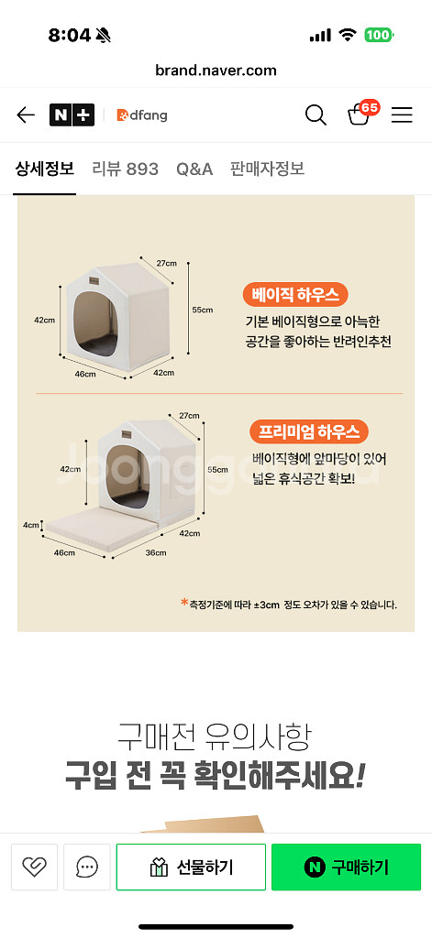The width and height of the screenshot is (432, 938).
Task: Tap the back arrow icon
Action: click(x=25, y=115)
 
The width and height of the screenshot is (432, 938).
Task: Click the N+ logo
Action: click(x=72, y=115)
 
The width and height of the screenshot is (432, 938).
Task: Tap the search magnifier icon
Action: click(x=316, y=115)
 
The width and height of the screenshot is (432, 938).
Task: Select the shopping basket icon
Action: click(x=359, y=115)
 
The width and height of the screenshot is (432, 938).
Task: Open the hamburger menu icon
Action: click(x=402, y=115)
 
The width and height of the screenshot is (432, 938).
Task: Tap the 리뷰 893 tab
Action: click(x=126, y=169)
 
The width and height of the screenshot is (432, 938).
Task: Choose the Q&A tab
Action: click(x=194, y=169)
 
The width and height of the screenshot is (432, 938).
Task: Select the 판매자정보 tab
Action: click(x=267, y=169)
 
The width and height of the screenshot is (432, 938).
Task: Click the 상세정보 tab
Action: click(x=44, y=169)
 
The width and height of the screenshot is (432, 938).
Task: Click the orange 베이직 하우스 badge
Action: click(x=295, y=295)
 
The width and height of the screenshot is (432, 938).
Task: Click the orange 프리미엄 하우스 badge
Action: click(x=308, y=431)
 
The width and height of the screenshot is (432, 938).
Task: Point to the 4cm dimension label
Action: click(x=30, y=525)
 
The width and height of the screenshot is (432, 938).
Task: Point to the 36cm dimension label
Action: click(x=156, y=552)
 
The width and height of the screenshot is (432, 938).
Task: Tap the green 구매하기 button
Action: click(x=347, y=867)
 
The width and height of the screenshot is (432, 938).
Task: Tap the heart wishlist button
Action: click(x=34, y=867)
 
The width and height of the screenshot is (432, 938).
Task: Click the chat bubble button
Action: click(x=87, y=867)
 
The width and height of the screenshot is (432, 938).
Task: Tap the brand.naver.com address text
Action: click(x=216, y=71)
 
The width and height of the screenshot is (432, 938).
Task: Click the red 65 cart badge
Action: click(x=370, y=108)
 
